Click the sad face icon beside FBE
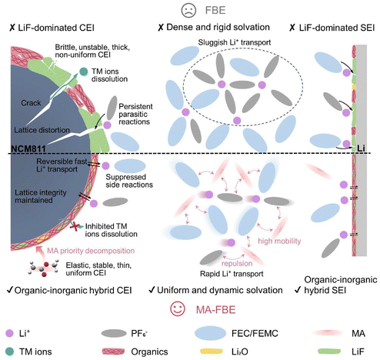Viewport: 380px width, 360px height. (188, 10)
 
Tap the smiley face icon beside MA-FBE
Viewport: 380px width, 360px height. (178, 309)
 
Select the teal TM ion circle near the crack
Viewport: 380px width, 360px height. (83, 72)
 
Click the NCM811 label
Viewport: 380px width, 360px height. (28, 148)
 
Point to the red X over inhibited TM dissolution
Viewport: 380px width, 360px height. (75, 226)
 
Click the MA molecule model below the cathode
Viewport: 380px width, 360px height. (43, 268)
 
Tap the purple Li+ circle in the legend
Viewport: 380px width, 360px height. (9, 333)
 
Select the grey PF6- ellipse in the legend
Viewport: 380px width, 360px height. (114, 333)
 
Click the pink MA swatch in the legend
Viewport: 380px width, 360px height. (324, 333)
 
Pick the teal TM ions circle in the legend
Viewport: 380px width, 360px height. (9, 352)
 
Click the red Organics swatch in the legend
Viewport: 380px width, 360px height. (113, 352)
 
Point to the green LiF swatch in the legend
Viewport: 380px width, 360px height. (329, 352)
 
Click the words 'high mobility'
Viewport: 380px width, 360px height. (279, 242)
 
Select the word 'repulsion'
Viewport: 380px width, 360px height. (237, 263)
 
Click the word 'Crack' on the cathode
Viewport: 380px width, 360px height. (31, 103)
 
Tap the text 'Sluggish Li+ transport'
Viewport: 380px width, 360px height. (235, 42)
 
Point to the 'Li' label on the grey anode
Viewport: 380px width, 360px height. (362, 148)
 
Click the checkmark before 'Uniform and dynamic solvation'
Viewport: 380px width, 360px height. (152, 290)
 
